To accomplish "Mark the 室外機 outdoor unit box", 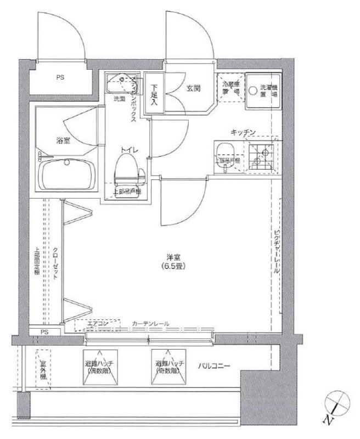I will pyautogui.click(x=42, y=369).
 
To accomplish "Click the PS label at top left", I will pyautogui.click(x=59, y=77).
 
